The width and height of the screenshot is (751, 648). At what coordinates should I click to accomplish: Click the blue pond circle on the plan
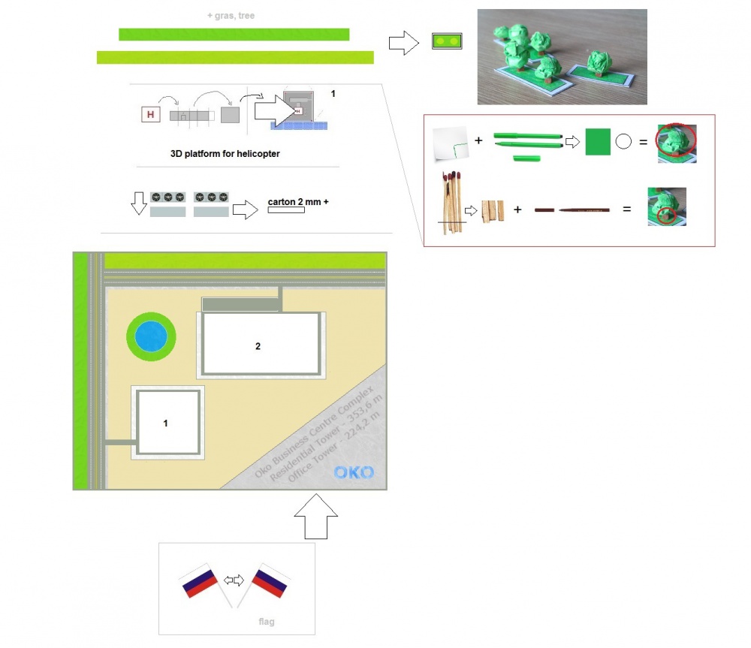coord(151,336)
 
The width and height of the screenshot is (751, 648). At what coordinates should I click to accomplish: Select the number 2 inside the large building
coord(258,346)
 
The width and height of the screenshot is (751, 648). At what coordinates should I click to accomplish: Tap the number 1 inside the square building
coord(166,423)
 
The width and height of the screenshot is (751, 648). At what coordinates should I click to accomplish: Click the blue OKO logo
coord(354,473)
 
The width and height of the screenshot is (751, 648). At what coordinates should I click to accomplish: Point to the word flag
coord(267,622)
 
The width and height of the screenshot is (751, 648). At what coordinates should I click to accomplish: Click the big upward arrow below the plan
coord(315,517)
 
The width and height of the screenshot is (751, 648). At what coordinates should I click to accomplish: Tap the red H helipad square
coord(150,114)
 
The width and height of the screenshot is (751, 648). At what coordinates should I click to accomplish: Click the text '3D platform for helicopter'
coord(225,154)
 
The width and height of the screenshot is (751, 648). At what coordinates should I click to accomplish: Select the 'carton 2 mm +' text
coord(298,202)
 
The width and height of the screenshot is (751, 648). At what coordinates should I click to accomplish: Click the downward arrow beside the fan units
coord(139,203)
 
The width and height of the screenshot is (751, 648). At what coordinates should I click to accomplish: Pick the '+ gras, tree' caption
coord(231,15)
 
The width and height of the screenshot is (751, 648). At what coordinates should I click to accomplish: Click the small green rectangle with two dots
coord(447,41)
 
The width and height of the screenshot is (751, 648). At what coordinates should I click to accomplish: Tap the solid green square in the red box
coord(598,142)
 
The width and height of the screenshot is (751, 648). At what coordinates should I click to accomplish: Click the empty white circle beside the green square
coord(623,141)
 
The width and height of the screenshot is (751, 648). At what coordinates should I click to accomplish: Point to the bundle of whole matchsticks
coord(452,202)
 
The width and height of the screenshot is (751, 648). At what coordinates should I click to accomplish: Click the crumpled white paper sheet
coord(450,143)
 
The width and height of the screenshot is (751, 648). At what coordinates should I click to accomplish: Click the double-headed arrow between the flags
coord(234,580)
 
